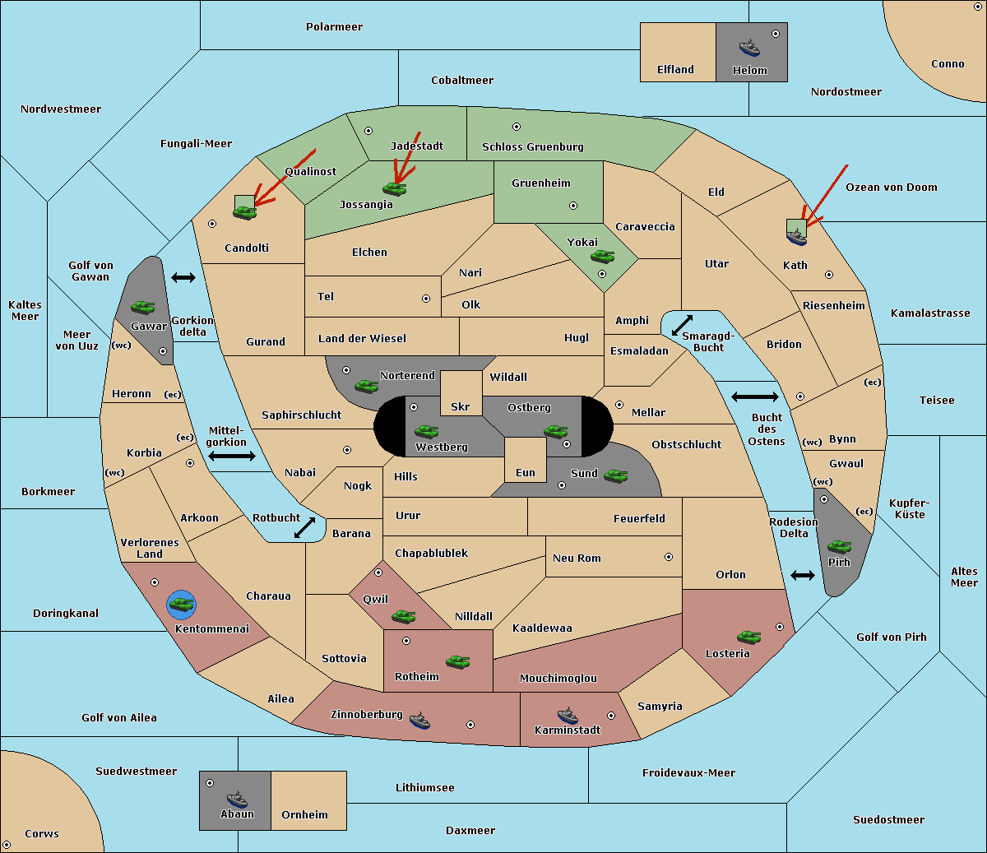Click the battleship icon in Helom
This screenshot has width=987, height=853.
[x=749, y=48]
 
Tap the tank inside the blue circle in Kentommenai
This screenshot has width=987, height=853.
[x=181, y=605]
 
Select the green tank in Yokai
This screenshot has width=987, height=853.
[x=603, y=257]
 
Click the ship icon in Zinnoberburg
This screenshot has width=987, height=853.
[x=419, y=721]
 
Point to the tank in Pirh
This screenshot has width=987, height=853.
[x=840, y=546]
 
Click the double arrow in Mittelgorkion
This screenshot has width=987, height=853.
[x=232, y=456]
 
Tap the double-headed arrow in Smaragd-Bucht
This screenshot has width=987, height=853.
[x=682, y=325]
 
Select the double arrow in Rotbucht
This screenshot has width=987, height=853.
[x=304, y=527]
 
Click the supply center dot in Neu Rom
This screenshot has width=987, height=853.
[x=669, y=557]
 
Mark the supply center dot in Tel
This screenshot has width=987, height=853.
[x=426, y=299]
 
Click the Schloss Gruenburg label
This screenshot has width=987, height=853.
[x=533, y=146]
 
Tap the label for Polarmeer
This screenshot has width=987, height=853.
[x=334, y=27]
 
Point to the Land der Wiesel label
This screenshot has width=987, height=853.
[x=362, y=339]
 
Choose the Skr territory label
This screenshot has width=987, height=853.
[x=461, y=406]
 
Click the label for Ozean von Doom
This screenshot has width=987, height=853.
[x=892, y=188]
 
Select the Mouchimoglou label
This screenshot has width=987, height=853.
[x=558, y=678]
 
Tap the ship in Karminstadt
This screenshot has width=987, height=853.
[x=568, y=716]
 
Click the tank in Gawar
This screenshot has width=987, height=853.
[x=143, y=307]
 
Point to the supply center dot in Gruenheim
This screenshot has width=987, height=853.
[x=573, y=206]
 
